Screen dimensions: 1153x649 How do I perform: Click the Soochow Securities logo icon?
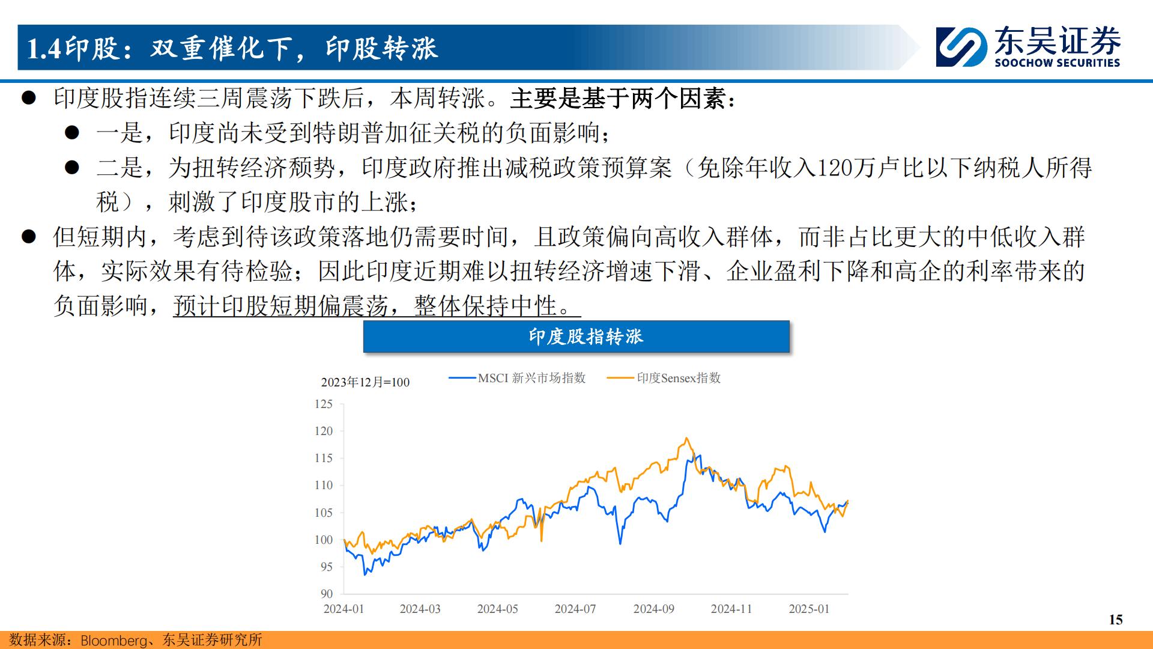(x=961, y=47)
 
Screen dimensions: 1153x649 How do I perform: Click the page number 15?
(x=1115, y=620)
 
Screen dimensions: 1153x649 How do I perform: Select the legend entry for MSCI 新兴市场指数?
(x=517, y=378)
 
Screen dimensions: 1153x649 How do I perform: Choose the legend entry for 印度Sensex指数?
(x=664, y=378)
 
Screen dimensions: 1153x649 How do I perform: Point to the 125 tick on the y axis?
(x=324, y=404)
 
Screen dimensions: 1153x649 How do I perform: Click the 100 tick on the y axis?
(x=324, y=540)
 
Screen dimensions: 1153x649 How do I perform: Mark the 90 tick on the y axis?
(x=326, y=594)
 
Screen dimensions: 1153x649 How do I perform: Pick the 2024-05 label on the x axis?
(x=497, y=609)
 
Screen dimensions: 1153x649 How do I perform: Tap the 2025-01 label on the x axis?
(x=809, y=609)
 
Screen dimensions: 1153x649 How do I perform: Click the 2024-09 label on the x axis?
(x=653, y=609)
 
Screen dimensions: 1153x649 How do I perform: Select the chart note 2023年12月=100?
(x=365, y=382)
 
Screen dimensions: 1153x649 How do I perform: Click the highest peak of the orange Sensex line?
(x=686, y=438)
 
